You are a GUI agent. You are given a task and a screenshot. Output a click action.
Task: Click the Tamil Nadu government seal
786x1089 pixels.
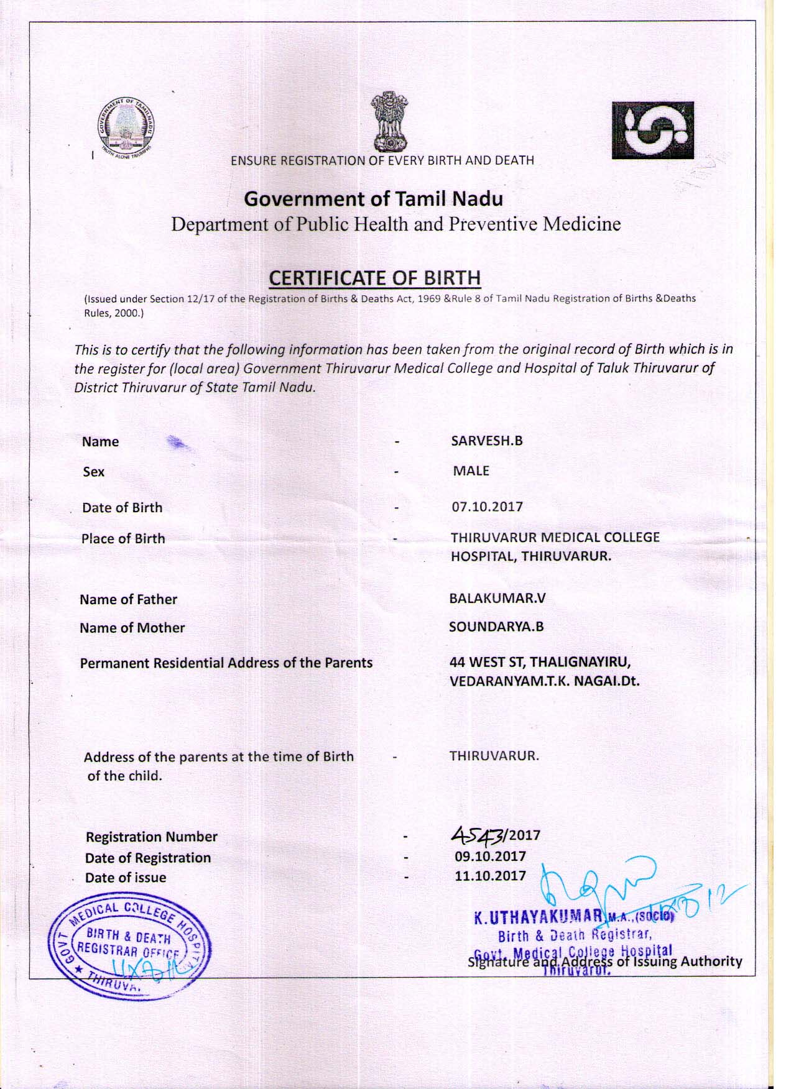pyautogui.click(x=127, y=129)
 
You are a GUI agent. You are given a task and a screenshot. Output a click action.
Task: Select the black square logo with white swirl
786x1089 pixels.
pyautogui.click(x=652, y=130)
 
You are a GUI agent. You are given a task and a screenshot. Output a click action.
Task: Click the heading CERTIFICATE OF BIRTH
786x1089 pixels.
pyautogui.click(x=374, y=278)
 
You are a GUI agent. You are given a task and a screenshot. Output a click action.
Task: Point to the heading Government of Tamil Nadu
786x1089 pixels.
pyautogui.click(x=373, y=199)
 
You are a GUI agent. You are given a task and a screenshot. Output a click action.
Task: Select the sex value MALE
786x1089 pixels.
pyautogui.click(x=471, y=471)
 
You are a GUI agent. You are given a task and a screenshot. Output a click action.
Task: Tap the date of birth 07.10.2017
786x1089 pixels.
pyautogui.click(x=488, y=507)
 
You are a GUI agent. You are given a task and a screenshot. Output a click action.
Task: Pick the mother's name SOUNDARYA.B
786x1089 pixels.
pyautogui.click(x=496, y=627)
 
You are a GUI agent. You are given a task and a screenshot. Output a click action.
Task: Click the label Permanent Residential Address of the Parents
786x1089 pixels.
pyautogui.click(x=226, y=663)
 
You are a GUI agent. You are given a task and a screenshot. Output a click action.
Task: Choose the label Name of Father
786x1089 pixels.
pyautogui.click(x=129, y=599)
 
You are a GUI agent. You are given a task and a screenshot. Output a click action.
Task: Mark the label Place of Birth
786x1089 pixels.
pyautogui.click(x=123, y=538)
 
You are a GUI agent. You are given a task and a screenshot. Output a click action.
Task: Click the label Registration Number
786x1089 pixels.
pyautogui.click(x=152, y=837)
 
